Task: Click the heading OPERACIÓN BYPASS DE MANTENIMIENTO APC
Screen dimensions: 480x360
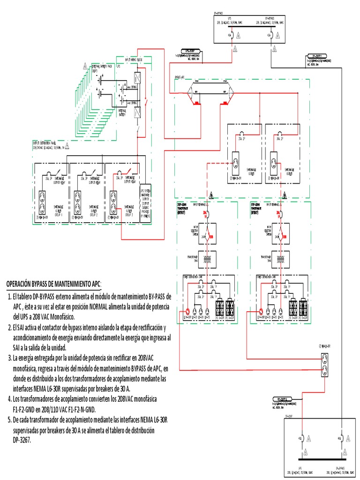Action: [53, 285]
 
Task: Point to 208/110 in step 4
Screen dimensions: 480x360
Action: [73, 408]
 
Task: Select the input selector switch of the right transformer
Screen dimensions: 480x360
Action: [283, 232]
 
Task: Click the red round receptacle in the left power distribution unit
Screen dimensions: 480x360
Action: [187, 311]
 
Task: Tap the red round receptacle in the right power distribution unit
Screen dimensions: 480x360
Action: [261, 311]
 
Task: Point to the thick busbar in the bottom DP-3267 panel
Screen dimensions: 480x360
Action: [321, 460]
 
